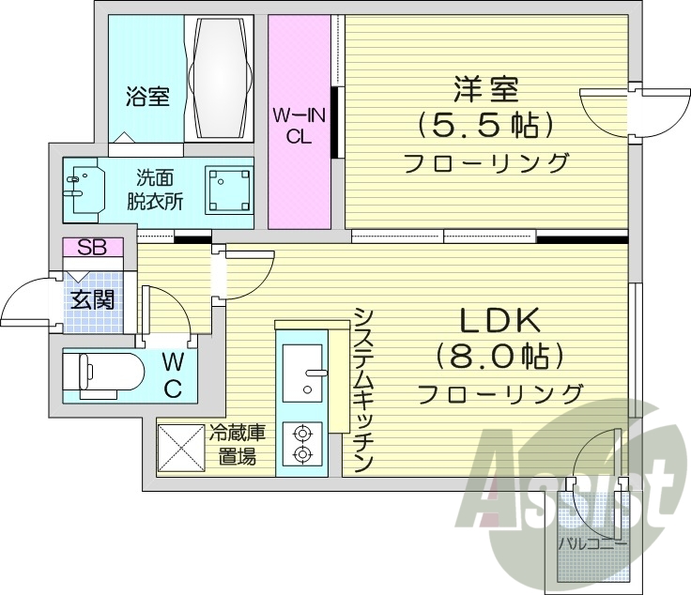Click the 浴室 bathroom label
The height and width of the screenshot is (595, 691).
(148, 96)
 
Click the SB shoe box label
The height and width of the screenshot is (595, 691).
(92, 248)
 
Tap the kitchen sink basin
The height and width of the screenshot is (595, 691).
(303, 373)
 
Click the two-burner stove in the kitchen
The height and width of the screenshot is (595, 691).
(302, 444)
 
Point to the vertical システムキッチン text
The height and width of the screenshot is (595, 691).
(363, 390)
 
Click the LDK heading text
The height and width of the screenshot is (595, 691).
(499, 322)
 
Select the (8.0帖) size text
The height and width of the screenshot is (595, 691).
(499, 357)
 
